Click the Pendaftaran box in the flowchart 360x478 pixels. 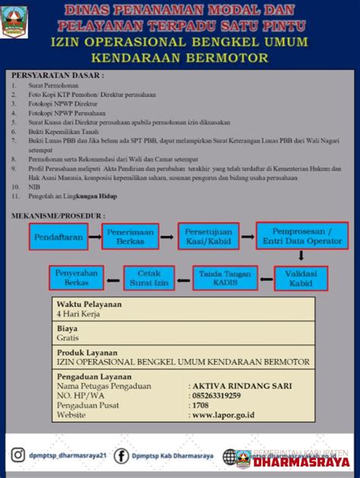(x=58, y=237)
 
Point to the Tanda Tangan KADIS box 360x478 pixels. (x=226, y=278)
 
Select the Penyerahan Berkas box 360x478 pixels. (x=77, y=278)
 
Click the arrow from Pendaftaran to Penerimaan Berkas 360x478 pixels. (x=94, y=237)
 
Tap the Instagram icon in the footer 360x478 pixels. (x=17, y=455)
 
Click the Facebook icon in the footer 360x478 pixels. (x=121, y=455)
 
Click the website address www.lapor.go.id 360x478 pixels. (x=223, y=415)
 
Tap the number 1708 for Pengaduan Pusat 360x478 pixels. (x=201, y=405)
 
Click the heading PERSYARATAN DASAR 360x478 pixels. (x=58, y=75)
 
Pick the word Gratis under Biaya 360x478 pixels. (x=68, y=338)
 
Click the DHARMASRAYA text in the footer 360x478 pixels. (x=302, y=461)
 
